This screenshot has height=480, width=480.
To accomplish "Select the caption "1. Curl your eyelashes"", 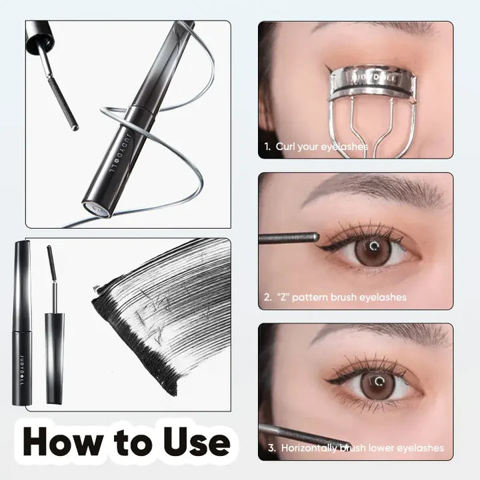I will coord(315,147).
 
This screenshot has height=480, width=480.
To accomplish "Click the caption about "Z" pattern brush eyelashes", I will coord(335,297).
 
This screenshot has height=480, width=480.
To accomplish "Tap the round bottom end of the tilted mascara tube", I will coord(98,208).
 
